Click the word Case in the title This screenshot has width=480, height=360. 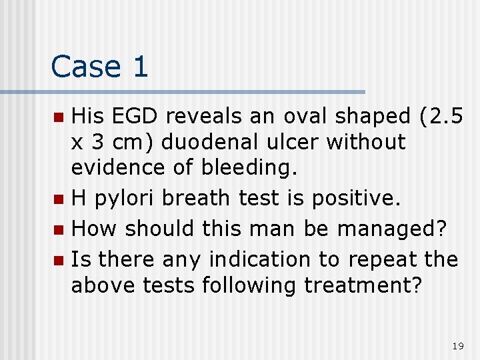(x=85, y=67)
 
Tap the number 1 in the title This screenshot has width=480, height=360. (x=140, y=67)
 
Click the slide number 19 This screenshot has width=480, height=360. (x=457, y=346)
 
